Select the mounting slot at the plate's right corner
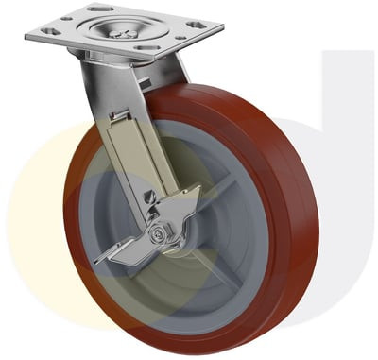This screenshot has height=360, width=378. click(x=196, y=24)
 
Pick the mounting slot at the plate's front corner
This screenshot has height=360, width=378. click(x=148, y=46)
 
